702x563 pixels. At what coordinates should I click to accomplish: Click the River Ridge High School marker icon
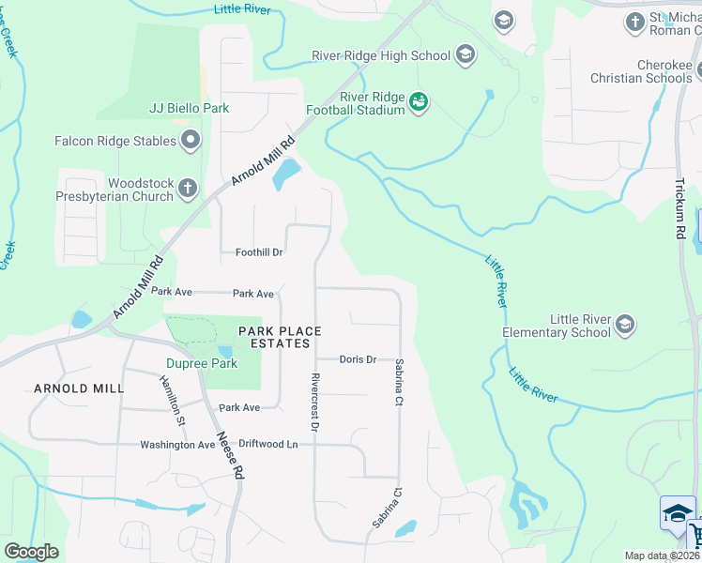[465, 56]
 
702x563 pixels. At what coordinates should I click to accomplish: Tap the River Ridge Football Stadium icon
[419, 101]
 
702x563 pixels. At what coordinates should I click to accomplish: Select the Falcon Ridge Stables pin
[191, 141]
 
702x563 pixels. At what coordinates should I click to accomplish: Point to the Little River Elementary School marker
[625, 325]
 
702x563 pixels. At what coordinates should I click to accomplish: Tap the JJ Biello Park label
[189, 108]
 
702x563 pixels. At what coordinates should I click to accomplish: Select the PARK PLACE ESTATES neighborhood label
[280, 337]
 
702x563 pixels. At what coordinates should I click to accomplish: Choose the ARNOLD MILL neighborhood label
[79, 388]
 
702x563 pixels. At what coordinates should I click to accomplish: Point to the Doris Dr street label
[358, 359]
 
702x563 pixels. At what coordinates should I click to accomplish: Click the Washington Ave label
[178, 445]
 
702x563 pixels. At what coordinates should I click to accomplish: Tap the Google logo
[31, 552]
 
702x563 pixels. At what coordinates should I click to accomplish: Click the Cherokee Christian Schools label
[643, 71]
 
